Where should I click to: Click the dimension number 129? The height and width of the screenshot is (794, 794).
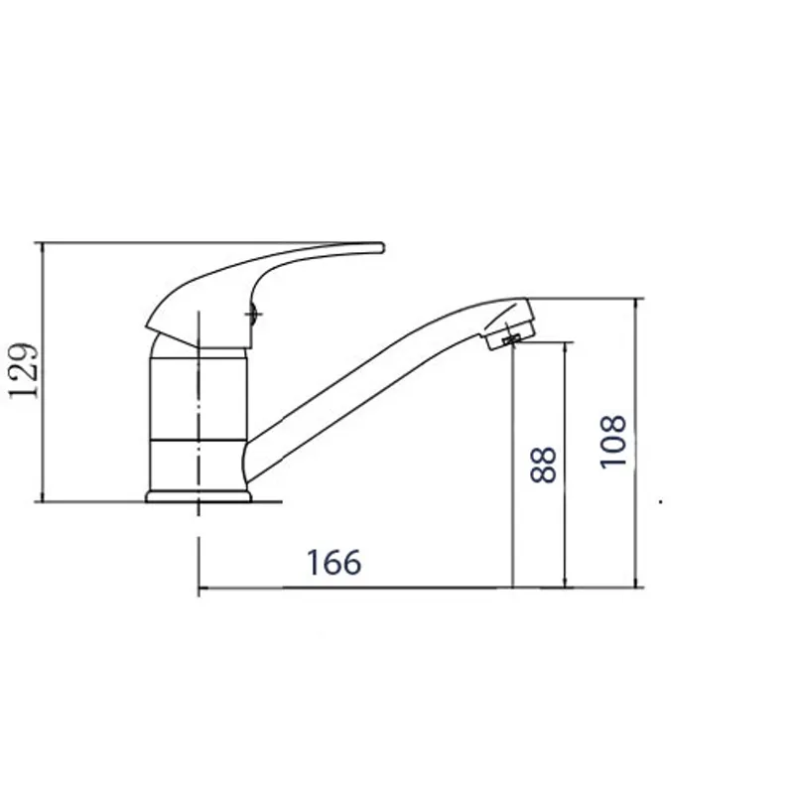[x=24, y=371]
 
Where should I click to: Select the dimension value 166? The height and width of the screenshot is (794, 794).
[x=334, y=562]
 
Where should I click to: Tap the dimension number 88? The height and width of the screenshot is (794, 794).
[x=543, y=464]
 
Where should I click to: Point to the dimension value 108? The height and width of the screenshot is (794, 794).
[x=612, y=442]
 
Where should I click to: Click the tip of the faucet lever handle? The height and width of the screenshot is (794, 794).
[x=382, y=248]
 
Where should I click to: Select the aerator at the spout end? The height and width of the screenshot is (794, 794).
[x=509, y=325]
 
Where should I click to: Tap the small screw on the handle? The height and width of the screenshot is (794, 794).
[x=254, y=314]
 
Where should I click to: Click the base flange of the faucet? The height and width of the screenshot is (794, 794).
[x=198, y=496]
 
